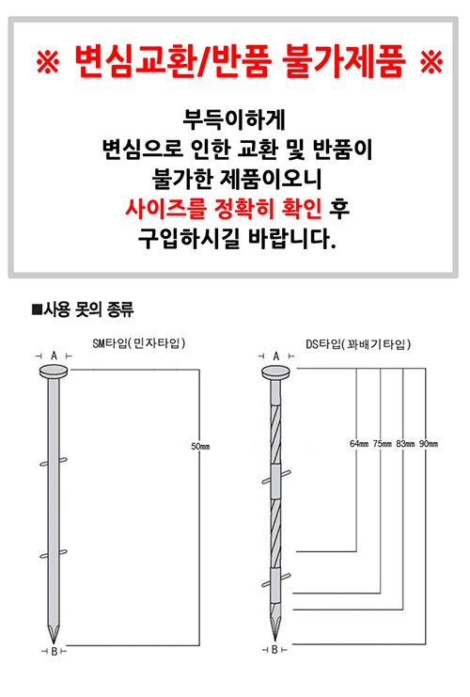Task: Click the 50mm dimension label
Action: [x=200, y=446]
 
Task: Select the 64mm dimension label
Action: [x=359, y=444]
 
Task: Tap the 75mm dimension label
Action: [x=382, y=444]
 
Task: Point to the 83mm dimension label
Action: [x=405, y=444]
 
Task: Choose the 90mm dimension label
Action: [x=429, y=444]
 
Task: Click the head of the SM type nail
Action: [x=54, y=372]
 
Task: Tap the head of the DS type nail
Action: [x=276, y=372]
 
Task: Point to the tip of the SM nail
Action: [x=54, y=642]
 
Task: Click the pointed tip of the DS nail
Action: [x=274, y=641]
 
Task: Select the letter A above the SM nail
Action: [x=54, y=356]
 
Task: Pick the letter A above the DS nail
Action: [x=275, y=356]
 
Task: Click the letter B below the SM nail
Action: [x=54, y=652]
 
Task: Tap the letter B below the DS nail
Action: [x=274, y=650]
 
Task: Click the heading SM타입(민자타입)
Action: [x=139, y=343]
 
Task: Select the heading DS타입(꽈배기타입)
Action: [x=358, y=344]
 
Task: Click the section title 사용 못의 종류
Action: [x=83, y=309]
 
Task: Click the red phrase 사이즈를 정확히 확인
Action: [x=224, y=208]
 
